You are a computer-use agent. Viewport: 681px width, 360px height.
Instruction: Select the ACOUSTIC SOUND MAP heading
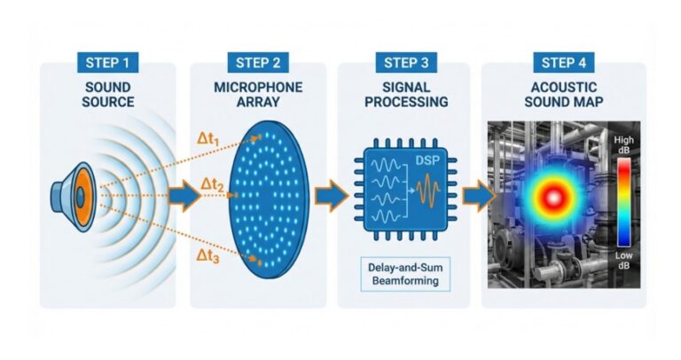pos(562,95)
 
